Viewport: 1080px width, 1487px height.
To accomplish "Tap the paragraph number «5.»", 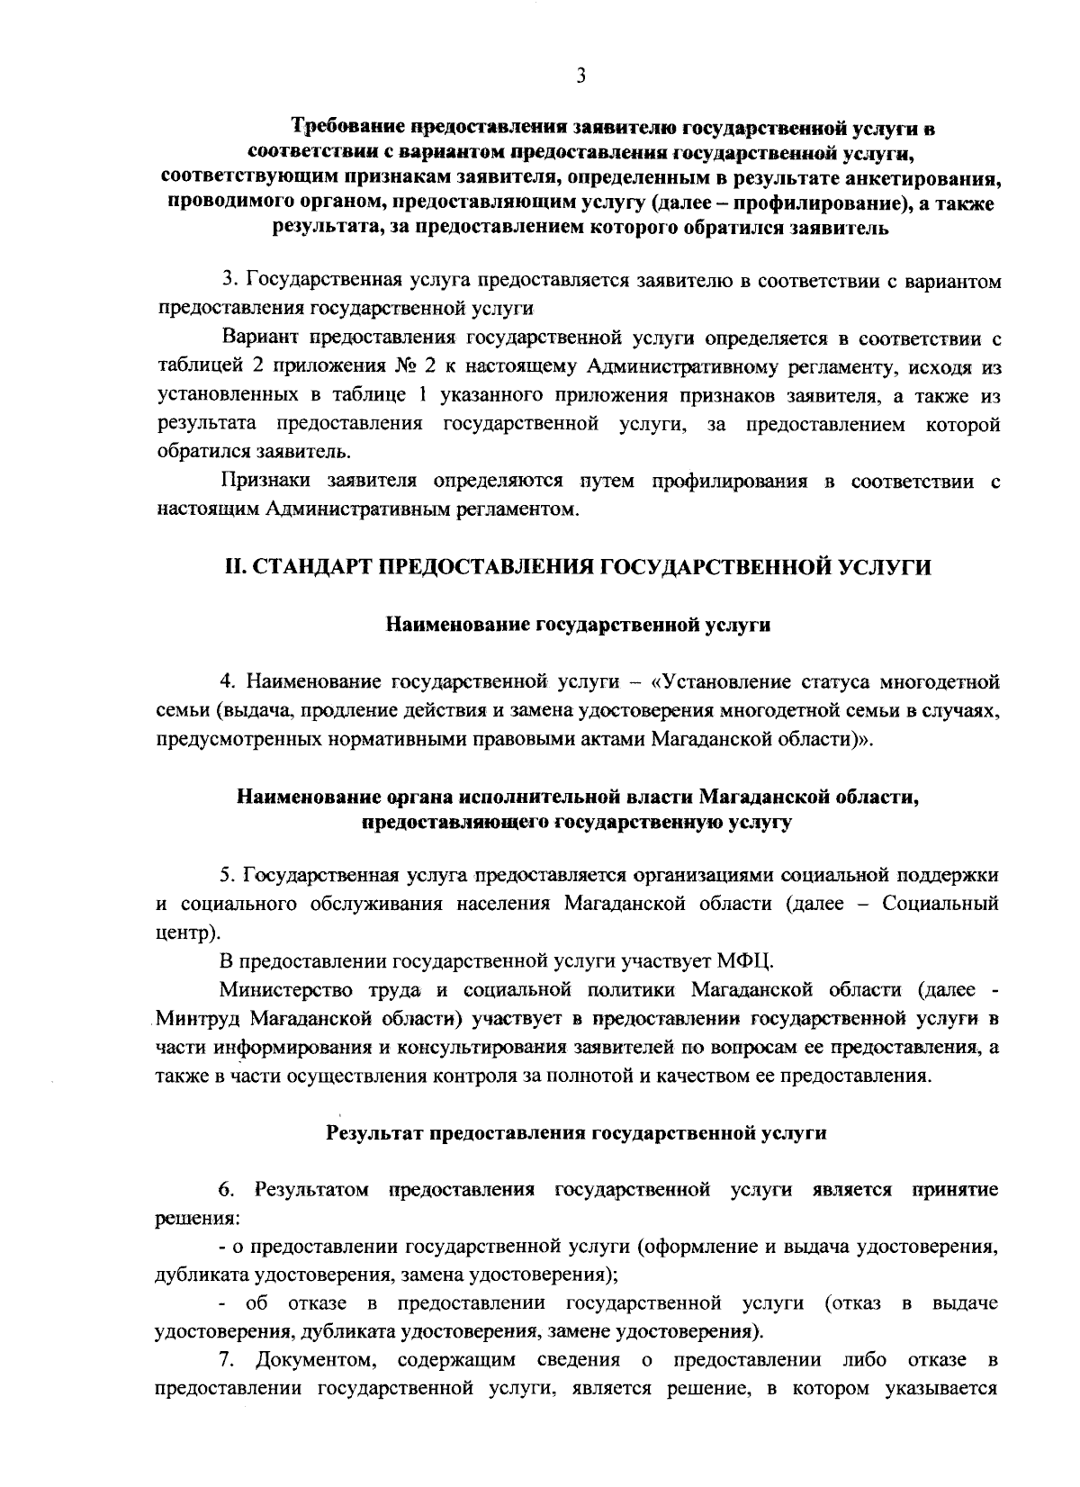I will click(229, 874).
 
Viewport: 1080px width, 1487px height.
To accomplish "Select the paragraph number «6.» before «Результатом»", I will click(226, 1190).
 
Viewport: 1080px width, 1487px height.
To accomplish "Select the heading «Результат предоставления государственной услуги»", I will click(576, 1133).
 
